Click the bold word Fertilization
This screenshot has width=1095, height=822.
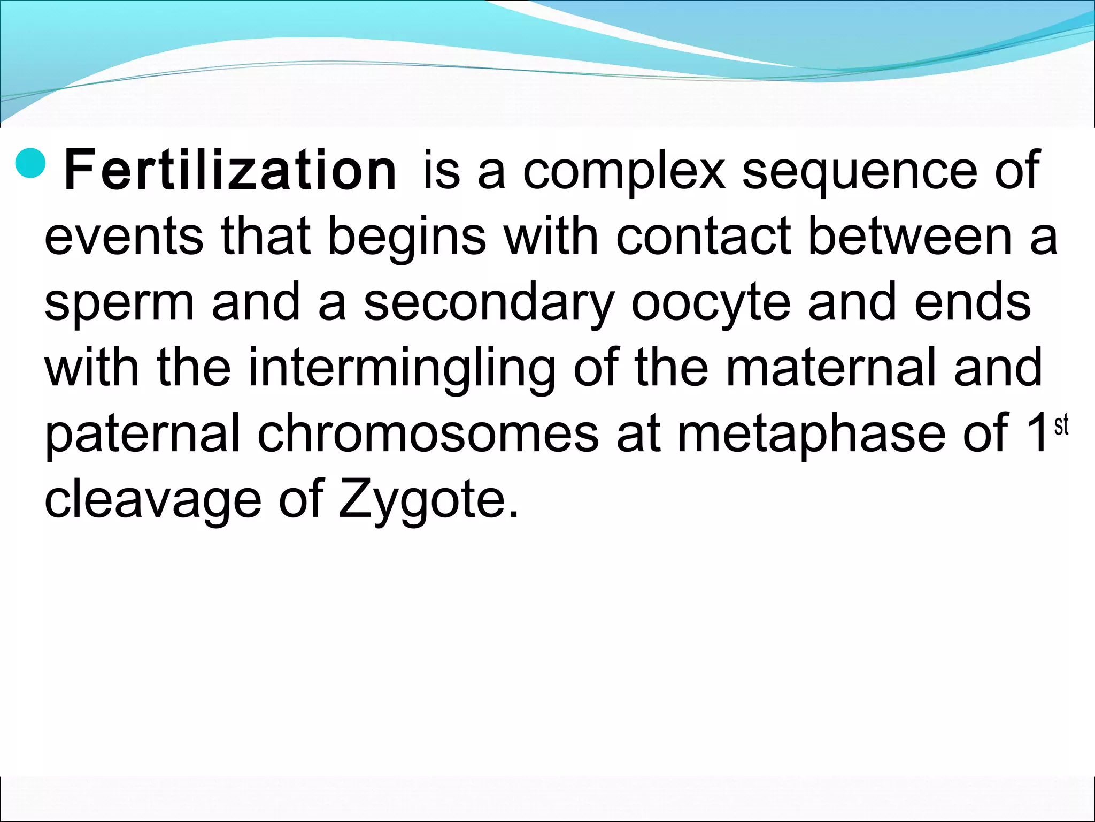pos(230,171)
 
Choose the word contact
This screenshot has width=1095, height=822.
pos(703,236)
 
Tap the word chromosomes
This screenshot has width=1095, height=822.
pos(428,433)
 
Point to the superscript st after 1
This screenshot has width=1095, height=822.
pos(1061,426)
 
